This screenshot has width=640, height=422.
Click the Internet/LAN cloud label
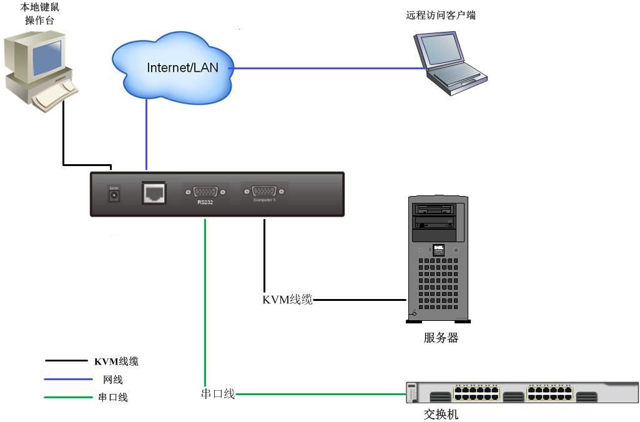point(182,67)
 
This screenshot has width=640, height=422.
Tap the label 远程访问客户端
point(440,15)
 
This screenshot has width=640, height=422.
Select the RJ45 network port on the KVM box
point(153,192)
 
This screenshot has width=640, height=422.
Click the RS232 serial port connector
point(205,192)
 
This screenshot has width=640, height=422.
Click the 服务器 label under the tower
point(440,338)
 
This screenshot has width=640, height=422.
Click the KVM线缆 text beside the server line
point(287,300)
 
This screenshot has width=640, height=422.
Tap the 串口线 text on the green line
point(217,394)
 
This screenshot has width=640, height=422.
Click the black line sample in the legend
point(67,361)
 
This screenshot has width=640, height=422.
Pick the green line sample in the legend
point(67,397)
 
